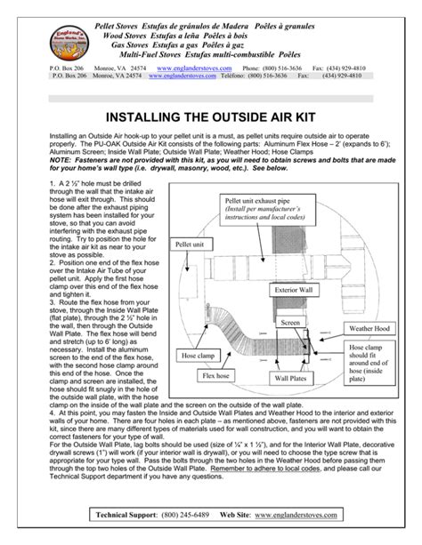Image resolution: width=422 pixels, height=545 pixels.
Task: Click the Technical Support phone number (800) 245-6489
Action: (199, 516)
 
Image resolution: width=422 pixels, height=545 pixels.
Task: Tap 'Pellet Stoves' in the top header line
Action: (122, 17)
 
